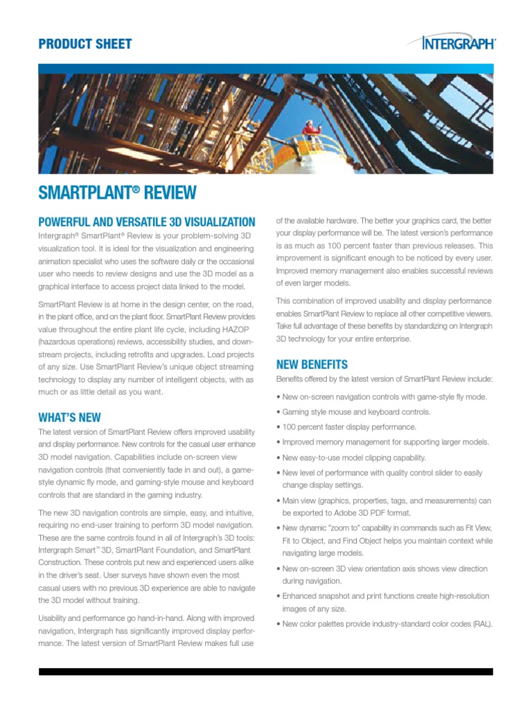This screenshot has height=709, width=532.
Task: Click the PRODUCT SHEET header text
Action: point(85,44)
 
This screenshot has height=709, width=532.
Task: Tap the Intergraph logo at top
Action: point(459,43)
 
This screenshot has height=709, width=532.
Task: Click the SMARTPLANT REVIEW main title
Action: point(118,193)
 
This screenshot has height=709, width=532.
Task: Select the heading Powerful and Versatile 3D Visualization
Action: point(147,222)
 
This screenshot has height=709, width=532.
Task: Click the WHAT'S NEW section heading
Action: point(69,418)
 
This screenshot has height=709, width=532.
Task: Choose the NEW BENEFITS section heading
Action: point(312,364)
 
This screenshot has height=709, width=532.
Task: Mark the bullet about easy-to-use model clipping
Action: point(353,458)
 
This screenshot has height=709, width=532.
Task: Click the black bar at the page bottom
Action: point(266,671)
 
